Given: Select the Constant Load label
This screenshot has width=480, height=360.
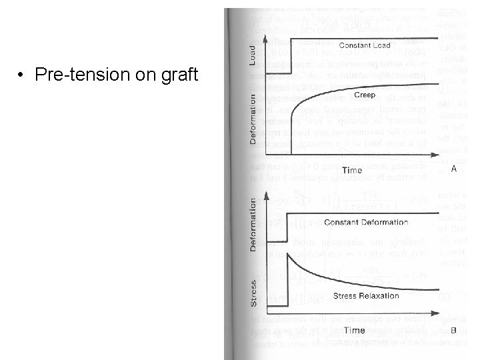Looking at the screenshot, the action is tap(365, 45).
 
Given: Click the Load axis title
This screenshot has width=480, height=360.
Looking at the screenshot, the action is tap(253, 55).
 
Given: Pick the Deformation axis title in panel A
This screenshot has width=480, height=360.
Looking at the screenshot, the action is tap(253, 119).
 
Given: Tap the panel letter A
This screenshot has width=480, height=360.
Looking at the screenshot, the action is tap(454, 169).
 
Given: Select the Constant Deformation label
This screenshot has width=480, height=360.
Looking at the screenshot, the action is tap(366, 222).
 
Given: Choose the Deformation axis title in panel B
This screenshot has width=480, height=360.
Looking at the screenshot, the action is tap(253, 224).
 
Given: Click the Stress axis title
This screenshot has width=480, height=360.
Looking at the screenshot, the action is tap(253, 292).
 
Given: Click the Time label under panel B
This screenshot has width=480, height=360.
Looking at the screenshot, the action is tap(354, 330).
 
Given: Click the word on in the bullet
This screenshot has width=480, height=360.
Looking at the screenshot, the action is tap(141, 75).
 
